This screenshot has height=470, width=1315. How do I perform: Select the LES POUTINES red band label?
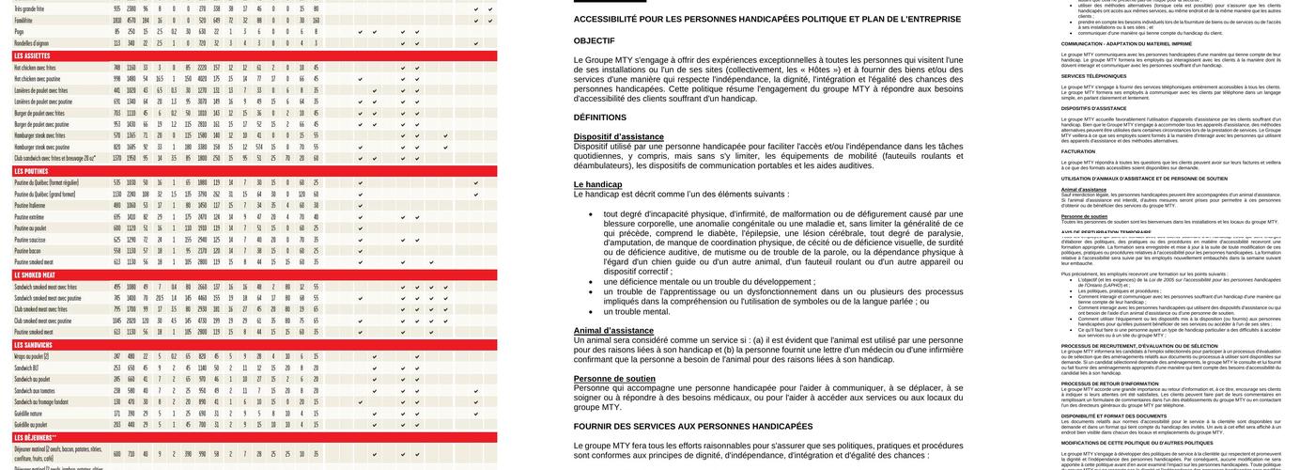point(31,172)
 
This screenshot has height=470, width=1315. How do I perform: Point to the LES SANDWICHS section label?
point(33,345)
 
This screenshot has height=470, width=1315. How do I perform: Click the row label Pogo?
point(20,31)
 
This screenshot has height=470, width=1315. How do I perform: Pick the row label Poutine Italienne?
point(30,205)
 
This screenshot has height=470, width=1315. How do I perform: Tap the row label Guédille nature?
point(29,414)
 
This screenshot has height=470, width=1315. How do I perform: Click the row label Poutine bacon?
point(28,251)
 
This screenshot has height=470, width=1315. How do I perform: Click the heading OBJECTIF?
point(594,41)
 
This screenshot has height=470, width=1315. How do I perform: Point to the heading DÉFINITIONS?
point(599,117)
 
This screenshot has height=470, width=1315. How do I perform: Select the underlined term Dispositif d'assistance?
point(618,137)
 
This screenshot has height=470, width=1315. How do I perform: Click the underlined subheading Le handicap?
point(597,184)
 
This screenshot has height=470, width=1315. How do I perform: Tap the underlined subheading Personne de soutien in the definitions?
point(614,379)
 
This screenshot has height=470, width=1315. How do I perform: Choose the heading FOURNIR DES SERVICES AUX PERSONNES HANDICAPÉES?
point(693,427)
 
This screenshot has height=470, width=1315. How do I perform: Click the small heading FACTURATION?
point(1078,151)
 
